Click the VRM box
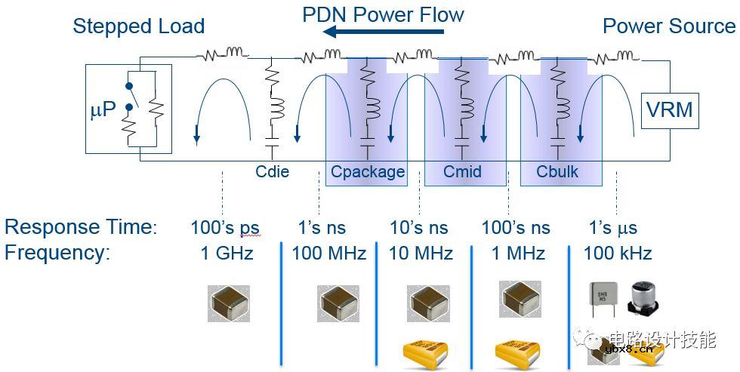pyautogui.click(x=669, y=110)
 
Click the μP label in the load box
pyautogui.click(x=103, y=109)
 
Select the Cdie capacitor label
pyautogui.click(x=272, y=171)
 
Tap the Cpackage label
pyautogui.click(x=368, y=171)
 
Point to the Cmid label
pyautogui.click(x=462, y=171)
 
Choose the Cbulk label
pyautogui.click(x=557, y=171)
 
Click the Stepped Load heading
pyautogui.click(x=138, y=26)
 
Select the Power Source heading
pyautogui.click(x=668, y=26)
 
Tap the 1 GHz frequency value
pyautogui.click(x=227, y=253)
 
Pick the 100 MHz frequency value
pyautogui.click(x=328, y=253)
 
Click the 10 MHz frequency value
pyautogui.click(x=421, y=253)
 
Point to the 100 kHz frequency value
pyautogui.click(x=617, y=253)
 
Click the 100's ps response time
pyautogui.click(x=224, y=227)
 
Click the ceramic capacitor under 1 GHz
pyautogui.click(x=229, y=303)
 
